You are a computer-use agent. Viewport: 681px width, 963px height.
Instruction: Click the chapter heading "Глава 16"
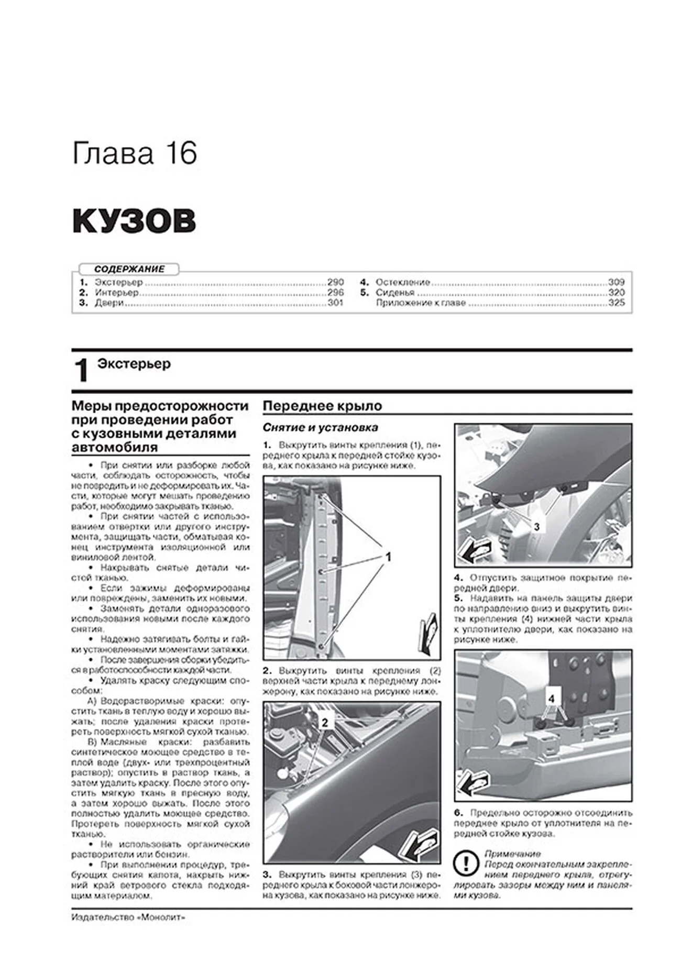pyautogui.click(x=135, y=153)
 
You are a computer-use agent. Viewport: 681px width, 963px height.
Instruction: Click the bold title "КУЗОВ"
pyautogui.click(x=134, y=221)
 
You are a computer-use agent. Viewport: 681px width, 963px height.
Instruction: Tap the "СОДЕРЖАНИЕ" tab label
pyautogui.click(x=129, y=269)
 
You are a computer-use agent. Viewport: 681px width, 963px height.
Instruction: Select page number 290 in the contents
pyautogui.click(x=335, y=282)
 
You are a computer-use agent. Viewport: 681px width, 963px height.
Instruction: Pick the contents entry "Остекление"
pyautogui.click(x=402, y=282)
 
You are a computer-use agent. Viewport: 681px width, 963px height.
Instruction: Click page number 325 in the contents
pyautogui.click(x=617, y=303)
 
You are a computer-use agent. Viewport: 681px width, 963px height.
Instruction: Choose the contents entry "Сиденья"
pyautogui.click(x=394, y=293)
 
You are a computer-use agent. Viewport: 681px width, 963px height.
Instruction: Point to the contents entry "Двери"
pyautogui.click(x=109, y=303)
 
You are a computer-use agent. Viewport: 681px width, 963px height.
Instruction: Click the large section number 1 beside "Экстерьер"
pyautogui.click(x=82, y=371)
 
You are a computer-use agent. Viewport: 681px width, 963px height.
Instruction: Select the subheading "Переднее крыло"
pyautogui.click(x=322, y=406)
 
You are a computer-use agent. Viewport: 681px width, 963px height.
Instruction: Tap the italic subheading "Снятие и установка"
pyautogui.click(x=320, y=428)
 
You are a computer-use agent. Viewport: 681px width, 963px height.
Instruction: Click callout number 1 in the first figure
pyautogui.click(x=388, y=557)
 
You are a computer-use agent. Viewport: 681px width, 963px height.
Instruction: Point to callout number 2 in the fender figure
pyautogui.click(x=324, y=723)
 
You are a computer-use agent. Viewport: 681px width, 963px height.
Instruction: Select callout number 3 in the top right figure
pyautogui.click(x=536, y=527)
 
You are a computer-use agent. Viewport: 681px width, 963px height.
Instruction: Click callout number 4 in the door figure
pyautogui.click(x=551, y=699)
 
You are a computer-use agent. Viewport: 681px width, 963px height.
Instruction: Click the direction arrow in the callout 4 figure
pyautogui.click(x=474, y=784)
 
